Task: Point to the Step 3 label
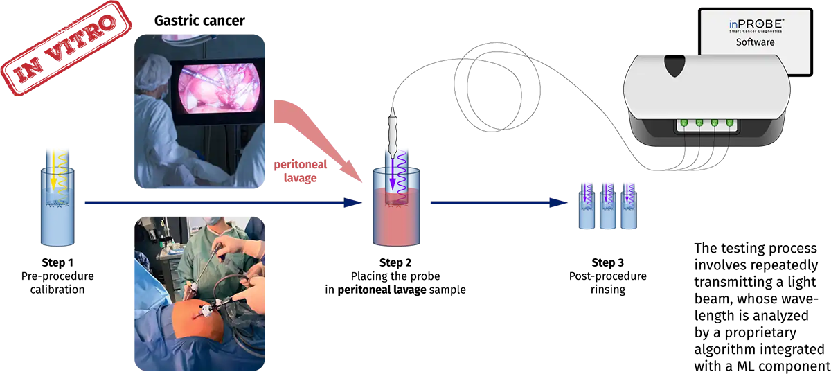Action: coord(608,262)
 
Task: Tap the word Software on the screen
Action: coord(755,42)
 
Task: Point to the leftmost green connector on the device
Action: coord(683,123)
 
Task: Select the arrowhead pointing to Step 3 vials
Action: coord(558,203)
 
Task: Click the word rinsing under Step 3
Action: coord(608,290)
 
